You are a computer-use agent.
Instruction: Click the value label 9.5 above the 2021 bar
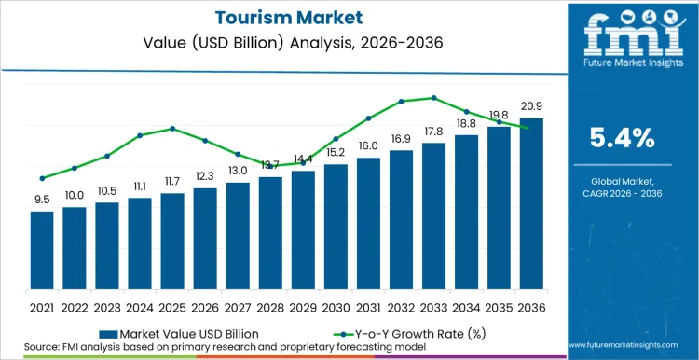pos(42,200)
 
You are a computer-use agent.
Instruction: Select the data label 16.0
pos(368,146)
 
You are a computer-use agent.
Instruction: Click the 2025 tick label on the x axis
pos(172,306)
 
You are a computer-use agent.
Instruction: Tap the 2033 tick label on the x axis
pos(433,306)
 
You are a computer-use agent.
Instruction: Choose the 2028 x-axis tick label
pos(270,306)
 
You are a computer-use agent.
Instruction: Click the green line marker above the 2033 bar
pos(433,98)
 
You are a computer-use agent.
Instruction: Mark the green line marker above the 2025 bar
pos(172,129)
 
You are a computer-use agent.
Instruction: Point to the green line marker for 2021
pos(42,178)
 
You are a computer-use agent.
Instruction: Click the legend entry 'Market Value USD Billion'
pos(186,332)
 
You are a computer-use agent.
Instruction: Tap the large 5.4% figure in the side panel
pos(623,139)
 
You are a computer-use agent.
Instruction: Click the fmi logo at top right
pos(623,42)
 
